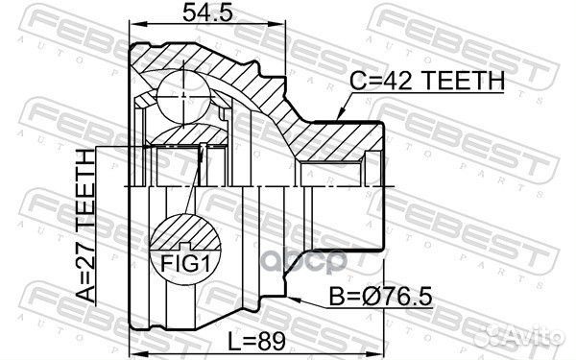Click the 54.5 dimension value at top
pos(207,12)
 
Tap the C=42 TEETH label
pos(427,82)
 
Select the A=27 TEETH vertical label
pos(86,226)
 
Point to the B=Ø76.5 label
pos(381,297)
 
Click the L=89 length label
pos(256,342)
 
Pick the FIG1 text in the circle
pos(186,264)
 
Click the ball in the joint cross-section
pos(183,97)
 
